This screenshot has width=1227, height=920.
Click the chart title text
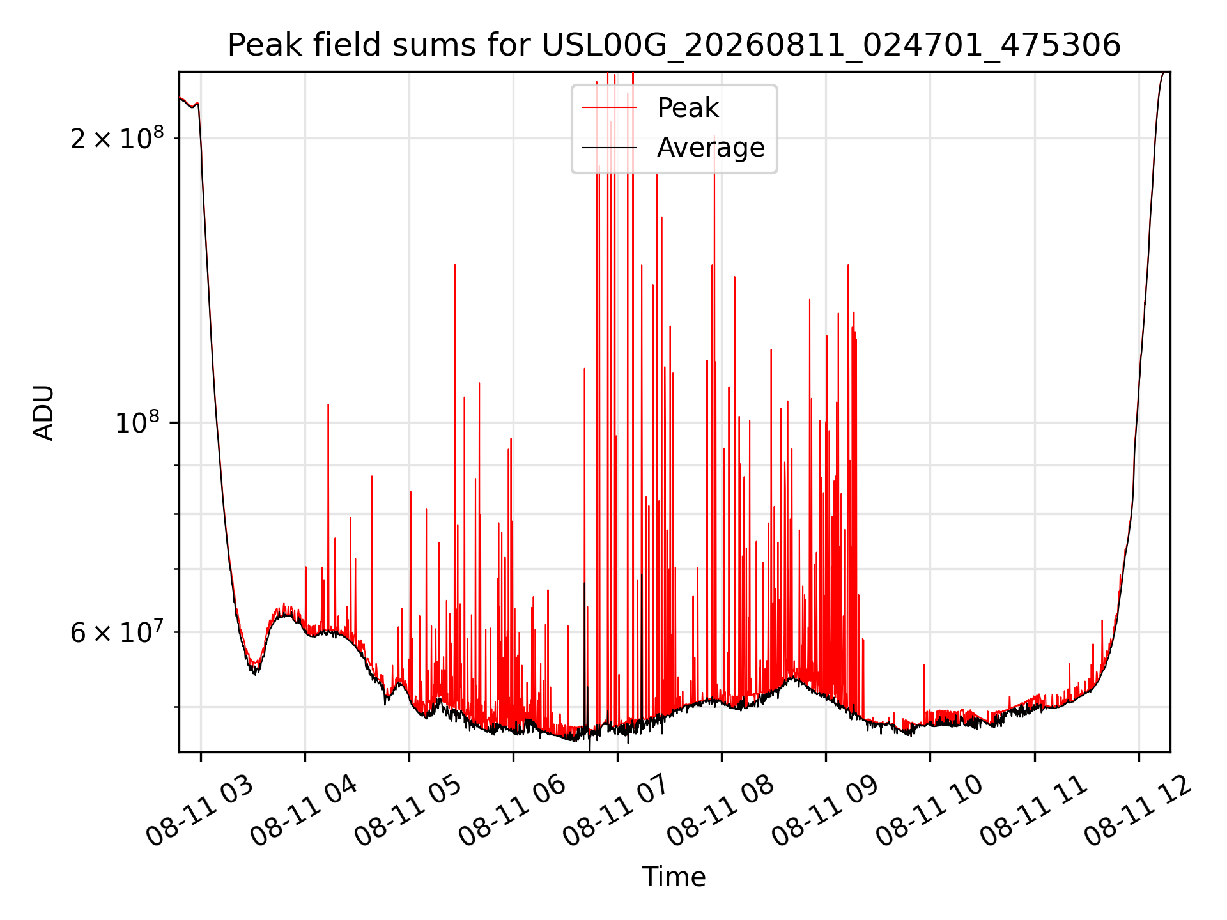[674, 45]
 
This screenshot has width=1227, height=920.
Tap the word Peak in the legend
[688, 108]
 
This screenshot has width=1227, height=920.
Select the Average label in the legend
[711, 148]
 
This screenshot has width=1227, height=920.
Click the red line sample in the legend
[609, 108]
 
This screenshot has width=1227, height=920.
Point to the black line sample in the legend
[609, 148]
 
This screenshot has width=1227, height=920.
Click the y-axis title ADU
[43, 413]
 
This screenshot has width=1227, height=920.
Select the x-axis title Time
[674, 877]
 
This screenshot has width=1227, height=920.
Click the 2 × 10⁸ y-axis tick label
[117, 137]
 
